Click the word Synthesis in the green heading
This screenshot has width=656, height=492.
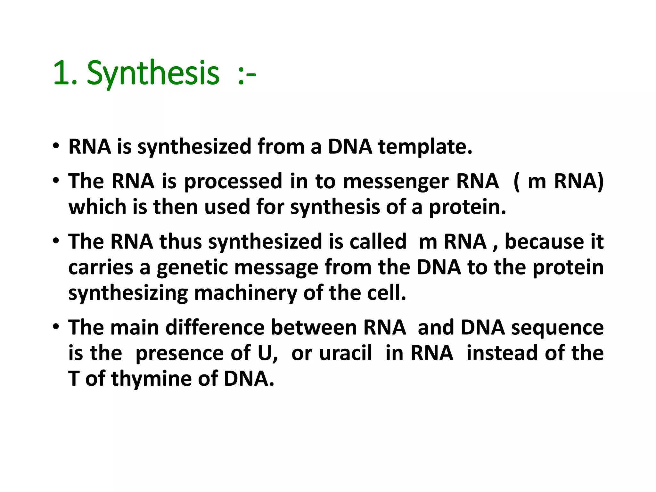click(153, 74)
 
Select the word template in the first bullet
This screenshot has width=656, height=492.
click(425, 147)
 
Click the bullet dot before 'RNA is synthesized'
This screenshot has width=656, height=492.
click(56, 146)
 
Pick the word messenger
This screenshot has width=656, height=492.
click(396, 182)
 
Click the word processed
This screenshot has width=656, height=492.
click(233, 182)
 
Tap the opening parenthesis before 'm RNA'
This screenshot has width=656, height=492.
click(516, 182)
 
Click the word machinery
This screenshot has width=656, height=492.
click(245, 293)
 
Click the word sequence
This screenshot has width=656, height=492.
click(557, 328)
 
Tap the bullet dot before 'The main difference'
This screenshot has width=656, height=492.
click(56, 327)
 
